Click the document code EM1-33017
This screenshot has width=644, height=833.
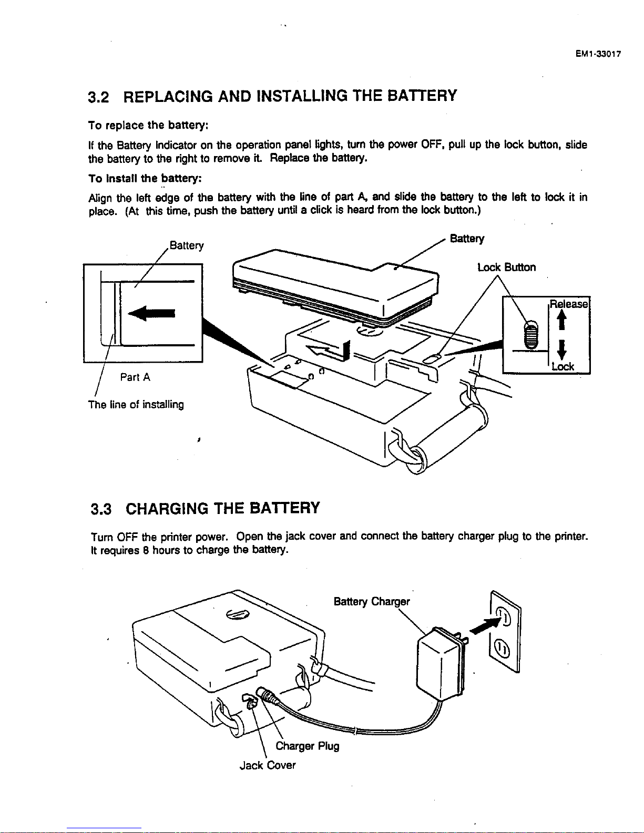point(598,54)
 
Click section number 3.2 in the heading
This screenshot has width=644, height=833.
point(98,98)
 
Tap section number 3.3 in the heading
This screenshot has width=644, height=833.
point(101,509)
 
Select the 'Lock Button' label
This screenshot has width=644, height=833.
point(506,268)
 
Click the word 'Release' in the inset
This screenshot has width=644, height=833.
point(568,304)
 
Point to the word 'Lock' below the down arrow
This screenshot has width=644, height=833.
point(563,366)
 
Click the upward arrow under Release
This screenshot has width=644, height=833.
point(562,319)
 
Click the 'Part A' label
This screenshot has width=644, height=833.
point(135,377)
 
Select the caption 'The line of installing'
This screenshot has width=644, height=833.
point(136,405)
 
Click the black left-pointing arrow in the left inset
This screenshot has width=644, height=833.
point(152,314)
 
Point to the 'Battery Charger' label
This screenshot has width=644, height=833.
point(371,601)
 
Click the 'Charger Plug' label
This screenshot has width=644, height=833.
point(307,746)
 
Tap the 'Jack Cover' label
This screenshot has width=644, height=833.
point(267,765)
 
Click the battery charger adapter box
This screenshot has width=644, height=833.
point(437,665)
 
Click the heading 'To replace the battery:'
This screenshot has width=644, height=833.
point(149,125)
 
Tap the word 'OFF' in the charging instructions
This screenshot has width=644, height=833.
point(127,537)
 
